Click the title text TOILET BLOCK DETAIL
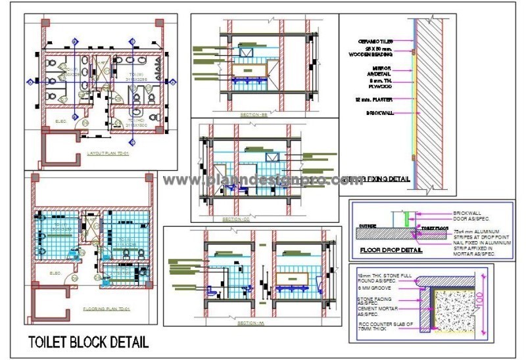click(x=87, y=342)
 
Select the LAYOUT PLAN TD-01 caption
click(x=109, y=153)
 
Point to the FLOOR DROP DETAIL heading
click(x=392, y=250)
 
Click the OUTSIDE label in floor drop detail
click(x=368, y=225)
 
